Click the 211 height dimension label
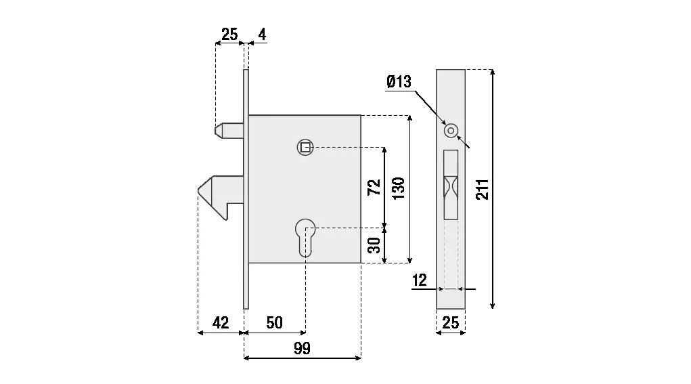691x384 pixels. tap(482, 190)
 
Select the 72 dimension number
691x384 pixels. tap(374, 188)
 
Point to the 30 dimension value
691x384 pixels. tap(374, 245)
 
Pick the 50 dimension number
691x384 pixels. tap(274, 322)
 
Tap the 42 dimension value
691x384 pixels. tap(221, 322)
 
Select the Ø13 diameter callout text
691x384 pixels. tap(399, 83)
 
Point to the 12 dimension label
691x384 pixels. tap(420, 280)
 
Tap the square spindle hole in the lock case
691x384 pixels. tap(305, 147)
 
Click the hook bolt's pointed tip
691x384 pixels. tap(200, 191)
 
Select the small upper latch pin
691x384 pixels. tap(227, 129)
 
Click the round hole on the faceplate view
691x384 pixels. tap(449, 130)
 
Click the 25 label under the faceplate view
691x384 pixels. tap(450, 323)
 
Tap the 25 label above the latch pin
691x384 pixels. tap(230, 34)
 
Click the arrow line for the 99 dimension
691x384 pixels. tap(302, 358)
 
